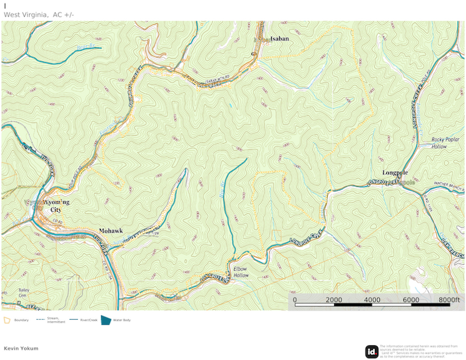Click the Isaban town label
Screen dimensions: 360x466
pyautogui.click(x=279, y=39)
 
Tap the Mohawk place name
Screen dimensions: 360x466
pyautogui.click(x=111, y=230)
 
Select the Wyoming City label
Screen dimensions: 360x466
pyautogui.click(x=55, y=206)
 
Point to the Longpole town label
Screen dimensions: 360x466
pyautogui.click(x=396, y=172)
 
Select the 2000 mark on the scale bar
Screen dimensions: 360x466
pyautogui.click(x=333, y=299)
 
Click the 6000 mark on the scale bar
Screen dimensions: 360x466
pyautogui.click(x=411, y=299)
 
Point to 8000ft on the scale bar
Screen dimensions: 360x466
pyautogui.click(x=448, y=299)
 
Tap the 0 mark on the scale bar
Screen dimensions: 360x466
pyautogui.click(x=295, y=299)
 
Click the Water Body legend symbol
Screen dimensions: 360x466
pyautogui.click(x=106, y=320)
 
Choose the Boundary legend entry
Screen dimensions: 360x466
pyautogui.click(x=17, y=320)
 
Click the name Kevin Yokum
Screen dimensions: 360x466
pyautogui.click(x=21, y=348)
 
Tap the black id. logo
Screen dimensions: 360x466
pyautogui.click(x=372, y=351)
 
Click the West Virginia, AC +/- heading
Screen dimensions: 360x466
pyautogui.click(x=39, y=14)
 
